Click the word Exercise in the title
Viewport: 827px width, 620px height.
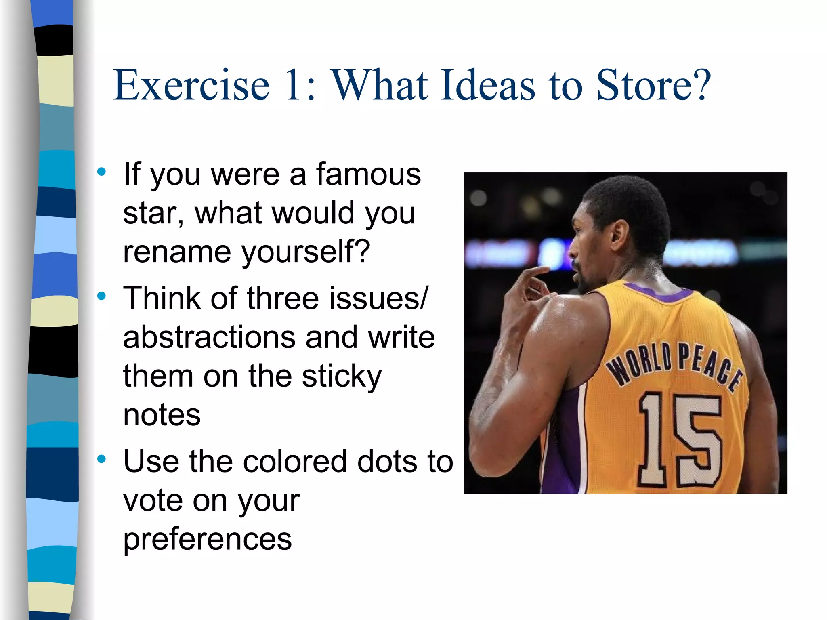191,85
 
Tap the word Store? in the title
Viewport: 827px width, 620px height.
653,85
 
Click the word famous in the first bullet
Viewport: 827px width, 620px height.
368,174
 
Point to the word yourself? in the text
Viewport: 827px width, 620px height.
306,252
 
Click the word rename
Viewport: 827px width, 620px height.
177,252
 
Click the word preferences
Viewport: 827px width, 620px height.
207,540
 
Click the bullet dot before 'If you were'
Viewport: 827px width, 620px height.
101,172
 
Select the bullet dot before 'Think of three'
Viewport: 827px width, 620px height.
101,296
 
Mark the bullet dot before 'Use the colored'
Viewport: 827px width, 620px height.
101,459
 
